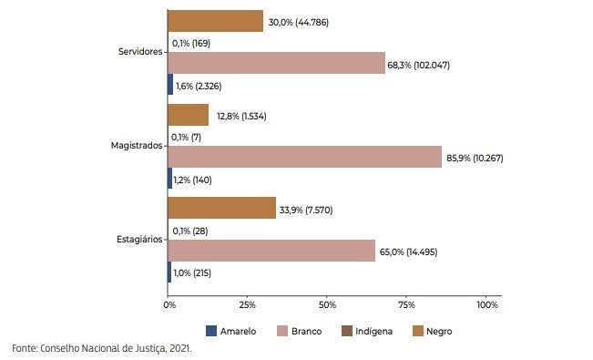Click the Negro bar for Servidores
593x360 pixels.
[x=216, y=21]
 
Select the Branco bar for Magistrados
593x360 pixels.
[x=305, y=157]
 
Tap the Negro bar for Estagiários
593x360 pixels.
[x=222, y=208]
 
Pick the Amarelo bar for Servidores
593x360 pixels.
[x=170, y=85]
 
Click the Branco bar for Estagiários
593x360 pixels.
[x=271, y=251]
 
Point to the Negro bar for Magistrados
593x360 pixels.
[x=189, y=115]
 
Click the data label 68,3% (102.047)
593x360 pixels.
[x=419, y=65]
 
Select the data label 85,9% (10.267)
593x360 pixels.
[x=475, y=158]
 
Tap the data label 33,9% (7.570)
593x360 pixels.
[x=306, y=210]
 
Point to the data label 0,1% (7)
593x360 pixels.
[x=186, y=137]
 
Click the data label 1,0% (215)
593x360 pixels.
[x=192, y=273]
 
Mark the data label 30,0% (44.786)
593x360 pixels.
[x=299, y=23]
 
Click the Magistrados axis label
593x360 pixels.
[x=137, y=145]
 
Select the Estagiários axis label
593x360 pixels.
[x=139, y=240]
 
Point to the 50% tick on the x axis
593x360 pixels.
[x=327, y=304]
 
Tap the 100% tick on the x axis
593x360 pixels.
[x=487, y=304]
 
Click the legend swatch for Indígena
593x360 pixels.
[x=347, y=331]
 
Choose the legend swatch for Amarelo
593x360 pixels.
[x=211, y=331]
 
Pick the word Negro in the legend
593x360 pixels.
[x=439, y=332]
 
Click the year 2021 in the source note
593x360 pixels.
[x=180, y=348]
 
